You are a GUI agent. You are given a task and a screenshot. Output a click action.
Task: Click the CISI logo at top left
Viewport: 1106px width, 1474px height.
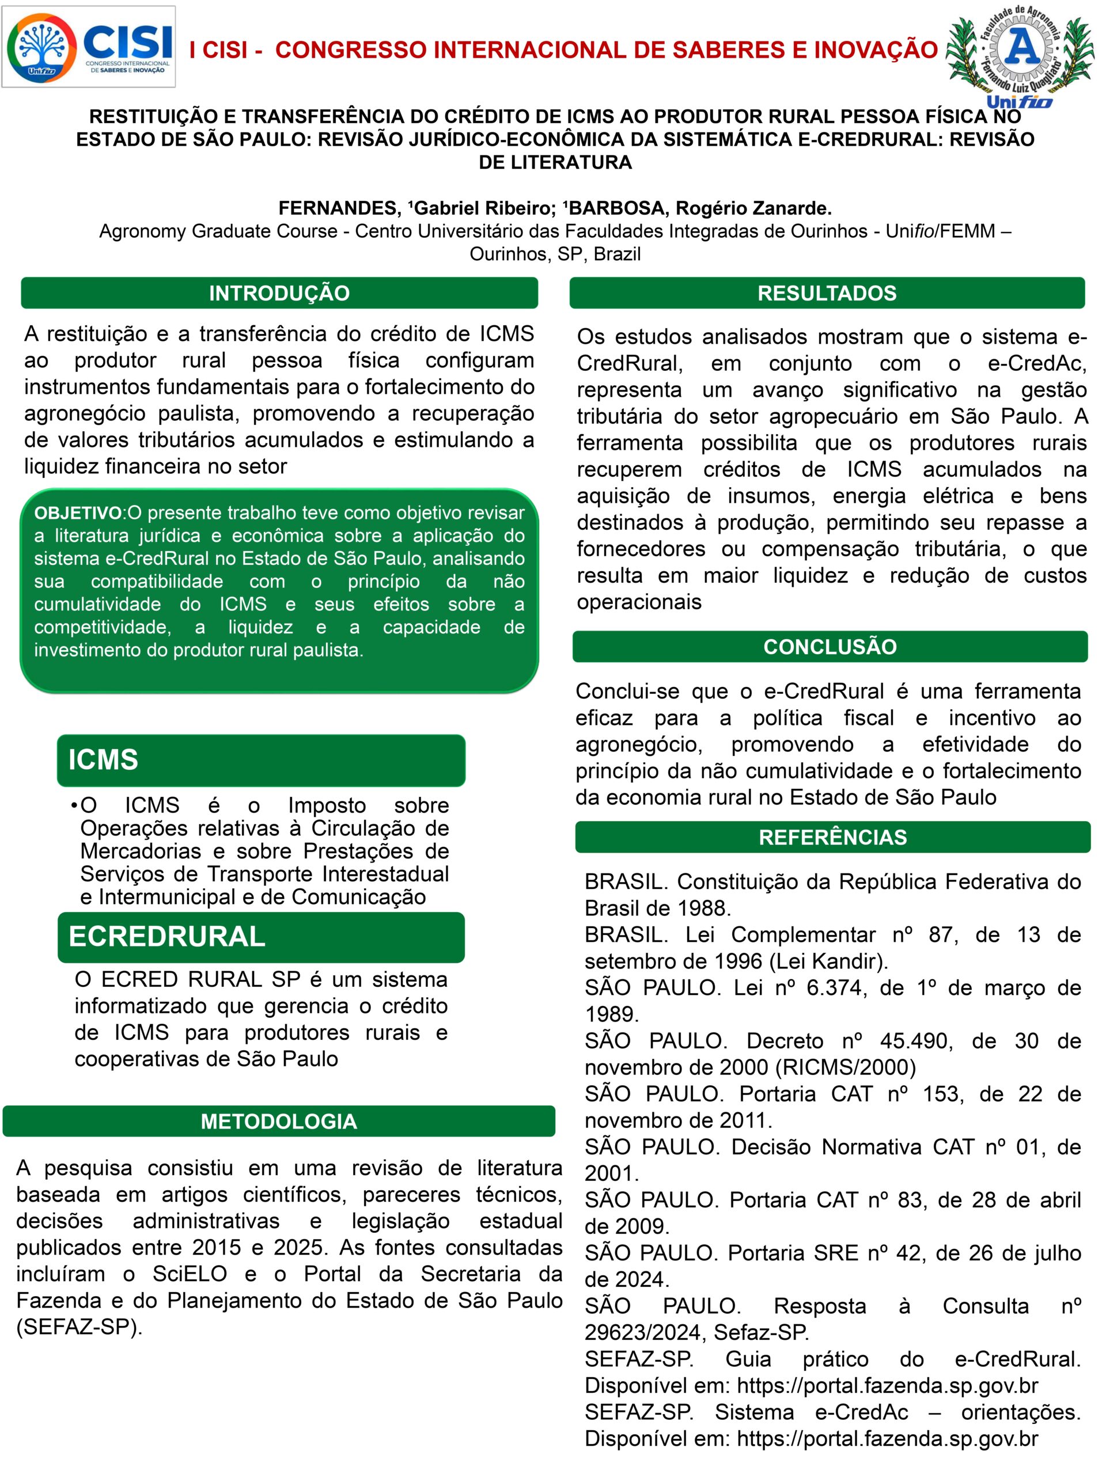pos(89,47)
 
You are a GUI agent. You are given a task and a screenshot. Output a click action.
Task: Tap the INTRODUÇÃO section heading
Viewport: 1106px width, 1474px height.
pos(279,293)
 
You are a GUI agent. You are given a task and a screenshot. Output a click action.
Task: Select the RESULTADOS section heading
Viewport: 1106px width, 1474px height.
pos(827,293)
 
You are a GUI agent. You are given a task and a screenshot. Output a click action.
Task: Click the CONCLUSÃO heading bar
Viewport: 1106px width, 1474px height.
pos(829,647)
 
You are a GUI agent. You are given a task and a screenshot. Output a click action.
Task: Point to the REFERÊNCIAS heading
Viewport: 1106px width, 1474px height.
pos(832,837)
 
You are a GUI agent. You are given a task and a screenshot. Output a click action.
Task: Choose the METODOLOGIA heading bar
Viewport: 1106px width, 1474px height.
pos(279,1122)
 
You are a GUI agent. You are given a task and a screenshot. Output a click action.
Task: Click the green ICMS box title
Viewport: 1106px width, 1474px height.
pos(103,759)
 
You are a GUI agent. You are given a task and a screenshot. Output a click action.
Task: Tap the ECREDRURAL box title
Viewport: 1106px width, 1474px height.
pos(166,937)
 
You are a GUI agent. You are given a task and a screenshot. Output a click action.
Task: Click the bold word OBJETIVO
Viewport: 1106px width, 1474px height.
pos(78,513)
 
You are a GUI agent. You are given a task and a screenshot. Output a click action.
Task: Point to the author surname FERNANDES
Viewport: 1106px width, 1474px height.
pos(338,208)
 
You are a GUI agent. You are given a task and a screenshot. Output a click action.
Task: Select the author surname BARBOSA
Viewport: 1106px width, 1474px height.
pos(618,208)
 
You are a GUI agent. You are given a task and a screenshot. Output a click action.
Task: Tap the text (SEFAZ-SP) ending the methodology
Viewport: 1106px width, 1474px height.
pos(79,1327)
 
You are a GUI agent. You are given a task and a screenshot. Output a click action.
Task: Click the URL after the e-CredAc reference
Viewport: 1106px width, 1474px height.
pos(887,1439)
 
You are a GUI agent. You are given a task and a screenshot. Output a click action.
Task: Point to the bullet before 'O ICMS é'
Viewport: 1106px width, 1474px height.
pos(73,806)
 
